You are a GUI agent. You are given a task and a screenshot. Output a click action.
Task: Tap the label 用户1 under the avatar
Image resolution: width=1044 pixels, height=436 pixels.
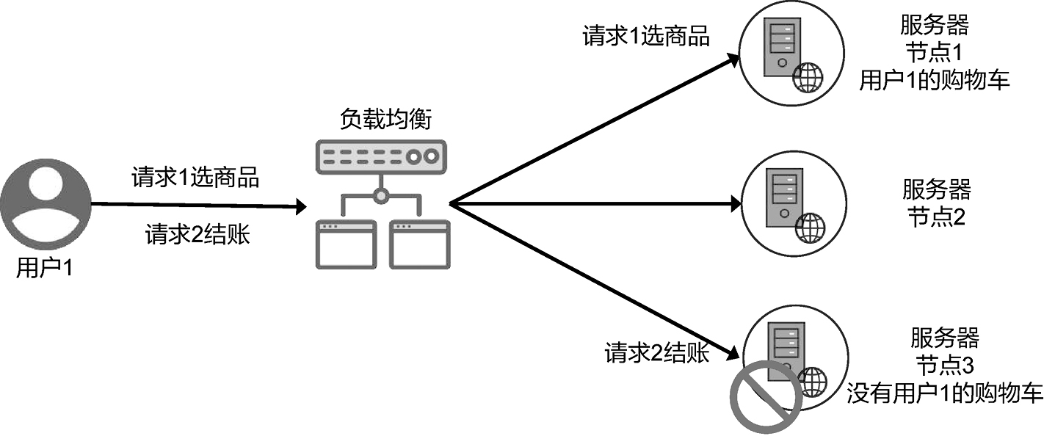(46, 269)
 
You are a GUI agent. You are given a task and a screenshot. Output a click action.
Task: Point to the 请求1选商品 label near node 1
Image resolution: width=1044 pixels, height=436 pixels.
(646, 37)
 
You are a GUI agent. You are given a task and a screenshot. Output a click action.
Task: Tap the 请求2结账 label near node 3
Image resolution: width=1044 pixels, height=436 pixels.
(657, 353)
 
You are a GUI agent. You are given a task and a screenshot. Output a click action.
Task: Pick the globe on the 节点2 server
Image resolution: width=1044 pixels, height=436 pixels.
(811, 228)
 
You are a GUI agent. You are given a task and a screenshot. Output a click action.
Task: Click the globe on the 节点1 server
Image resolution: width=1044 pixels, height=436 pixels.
(808, 78)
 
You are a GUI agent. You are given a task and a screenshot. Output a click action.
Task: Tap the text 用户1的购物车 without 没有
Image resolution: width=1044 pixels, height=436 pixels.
(935, 80)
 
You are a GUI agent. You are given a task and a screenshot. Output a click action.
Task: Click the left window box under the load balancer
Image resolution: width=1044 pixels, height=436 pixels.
(346, 244)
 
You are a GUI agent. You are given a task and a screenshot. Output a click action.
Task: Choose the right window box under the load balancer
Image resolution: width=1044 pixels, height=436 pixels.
(418, 244)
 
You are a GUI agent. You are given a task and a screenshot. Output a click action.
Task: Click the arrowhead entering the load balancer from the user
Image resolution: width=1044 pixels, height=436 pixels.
(300, 206)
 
